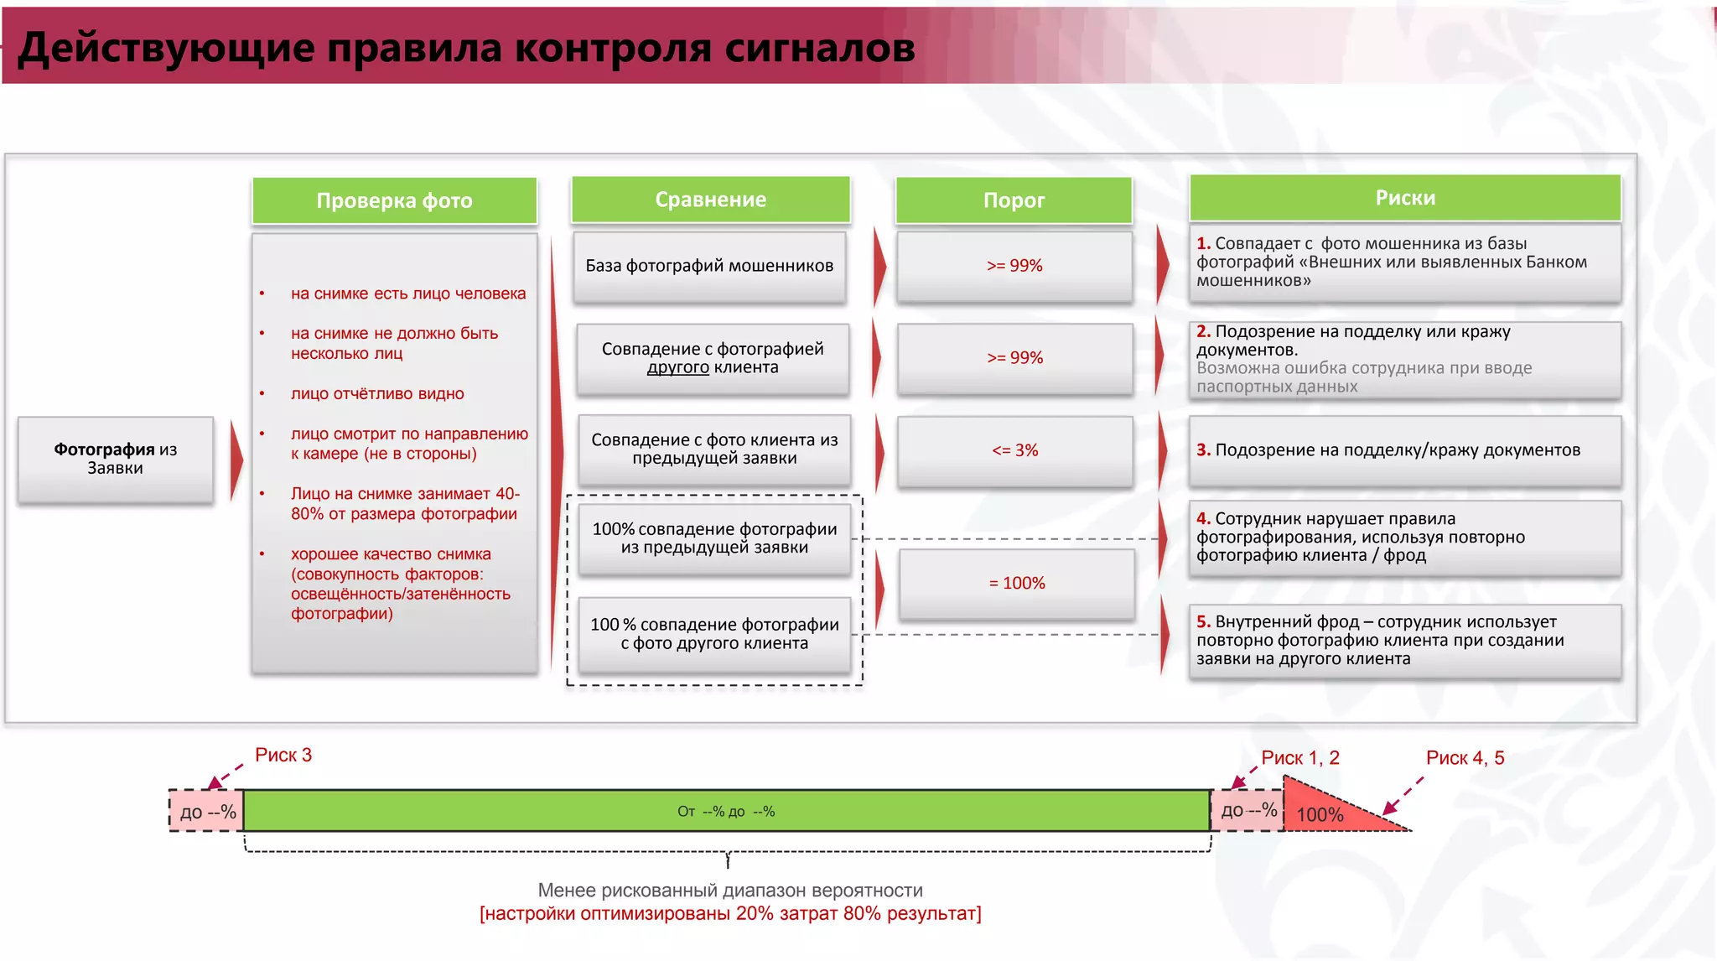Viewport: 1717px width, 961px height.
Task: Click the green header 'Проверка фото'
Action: coord(394,201)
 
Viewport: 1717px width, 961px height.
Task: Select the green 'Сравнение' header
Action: coord(710,200)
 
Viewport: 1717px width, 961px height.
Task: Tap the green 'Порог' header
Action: coord(1014,200)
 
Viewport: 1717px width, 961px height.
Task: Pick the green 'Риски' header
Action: coord(1405,198)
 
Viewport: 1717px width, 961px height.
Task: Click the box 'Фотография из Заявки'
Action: coord(116,460)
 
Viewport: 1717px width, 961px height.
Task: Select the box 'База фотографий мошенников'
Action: coord(709,267)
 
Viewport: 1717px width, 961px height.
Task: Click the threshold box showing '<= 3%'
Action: coord(1014,450)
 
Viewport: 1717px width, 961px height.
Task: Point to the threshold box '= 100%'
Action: coord(1016,584)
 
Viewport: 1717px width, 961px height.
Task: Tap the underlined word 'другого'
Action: coord(677,368)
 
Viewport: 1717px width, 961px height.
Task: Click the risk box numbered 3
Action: coord(1404,451)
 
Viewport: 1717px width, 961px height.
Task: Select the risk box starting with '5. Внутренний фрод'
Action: coord(1404,641)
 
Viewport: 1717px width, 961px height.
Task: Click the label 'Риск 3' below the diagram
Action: coord(283,756)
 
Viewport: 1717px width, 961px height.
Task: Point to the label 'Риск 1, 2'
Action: coord(1300,758)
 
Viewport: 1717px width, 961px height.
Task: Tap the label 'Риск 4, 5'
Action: coord(1465,758)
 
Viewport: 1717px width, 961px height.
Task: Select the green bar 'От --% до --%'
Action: coord(726,811)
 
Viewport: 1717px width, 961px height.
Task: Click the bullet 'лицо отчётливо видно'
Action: coord(377,394)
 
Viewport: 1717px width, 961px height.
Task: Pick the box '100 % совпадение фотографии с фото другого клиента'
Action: coord(714,634)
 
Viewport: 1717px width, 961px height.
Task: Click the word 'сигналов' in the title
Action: coord(819,48)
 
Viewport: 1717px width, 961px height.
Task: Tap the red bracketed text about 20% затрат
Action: coord(730,914)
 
